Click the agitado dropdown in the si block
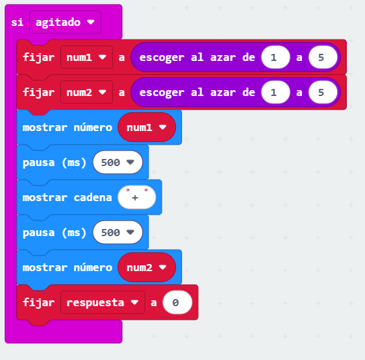(65, 22)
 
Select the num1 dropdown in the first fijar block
(86, 57)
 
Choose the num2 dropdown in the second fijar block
(86, 92)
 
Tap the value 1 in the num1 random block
(275, 57)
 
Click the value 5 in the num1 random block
(323, 57)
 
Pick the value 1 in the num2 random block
(275, 92)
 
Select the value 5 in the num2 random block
(323, 92)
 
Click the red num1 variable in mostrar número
(147, 127)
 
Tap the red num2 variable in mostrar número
(147, 267)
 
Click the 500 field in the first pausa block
(118, 162)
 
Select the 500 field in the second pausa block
(118, 232)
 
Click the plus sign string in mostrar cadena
(137, 197)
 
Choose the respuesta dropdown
(103, 302)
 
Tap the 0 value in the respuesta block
(177, 302)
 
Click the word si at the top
(18, 22)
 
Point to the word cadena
(93, 197)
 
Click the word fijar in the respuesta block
(38, 303)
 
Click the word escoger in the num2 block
(162, 93)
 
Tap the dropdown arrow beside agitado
(90, 22)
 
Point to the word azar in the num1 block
(223, 58)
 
